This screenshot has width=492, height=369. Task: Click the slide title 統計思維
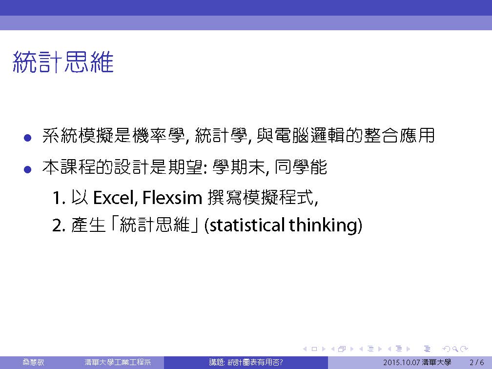click(x=63, y=62)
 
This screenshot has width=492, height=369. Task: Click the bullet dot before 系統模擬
click(x=28, y=138)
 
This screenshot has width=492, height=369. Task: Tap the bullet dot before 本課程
click(x=28, y=169)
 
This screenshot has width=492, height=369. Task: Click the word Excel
click(x=115, y=198)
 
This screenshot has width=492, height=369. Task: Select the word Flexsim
click(x=172, y=198)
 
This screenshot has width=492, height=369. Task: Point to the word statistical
click(x=246, y=225)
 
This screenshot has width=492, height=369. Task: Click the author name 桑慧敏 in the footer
click(x=33, y=362)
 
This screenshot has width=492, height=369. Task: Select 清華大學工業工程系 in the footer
click(x=118, y=362)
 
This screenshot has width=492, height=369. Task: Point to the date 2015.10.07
click(x=401, y=362)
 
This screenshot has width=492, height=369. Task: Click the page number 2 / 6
click(x=476, y=362)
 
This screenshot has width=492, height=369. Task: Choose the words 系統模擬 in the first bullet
click(x=78, y=136)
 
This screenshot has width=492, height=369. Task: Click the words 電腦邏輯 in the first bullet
click(x=309, y=136)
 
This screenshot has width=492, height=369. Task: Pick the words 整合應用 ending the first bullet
click(x=399, y=136)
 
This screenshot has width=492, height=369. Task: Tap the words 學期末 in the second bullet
click(x=239, y=167)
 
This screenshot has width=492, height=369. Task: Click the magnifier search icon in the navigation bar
click(x=455, y=348)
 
